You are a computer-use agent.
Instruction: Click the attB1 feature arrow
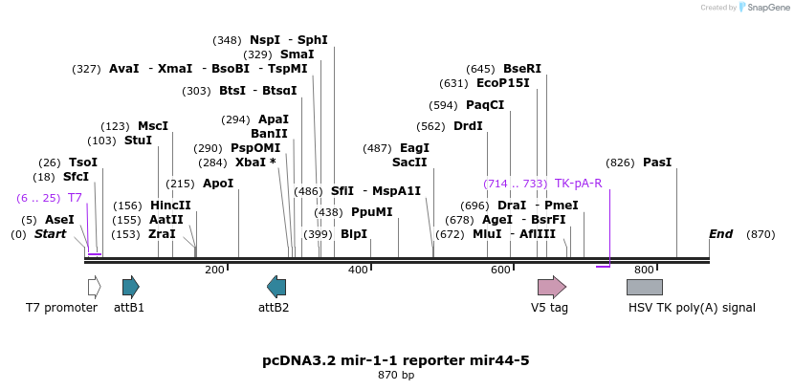point(130,287)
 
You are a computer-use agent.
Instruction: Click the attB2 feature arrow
point(276,287)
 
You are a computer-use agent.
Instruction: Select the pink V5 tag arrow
point(551,287)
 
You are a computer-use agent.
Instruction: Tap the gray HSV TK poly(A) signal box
point(644,287)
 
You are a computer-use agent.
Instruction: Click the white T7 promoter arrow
point(94,287)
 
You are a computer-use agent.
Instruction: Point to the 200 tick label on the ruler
point(214,271)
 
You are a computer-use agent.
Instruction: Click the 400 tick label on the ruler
point(358,271)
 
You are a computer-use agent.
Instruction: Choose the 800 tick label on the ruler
point(644,271)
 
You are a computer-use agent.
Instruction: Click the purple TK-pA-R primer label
point(578,184)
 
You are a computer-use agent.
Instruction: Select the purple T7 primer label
point(75,198)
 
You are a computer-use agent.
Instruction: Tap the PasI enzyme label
point(657,162)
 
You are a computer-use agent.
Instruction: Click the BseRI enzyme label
point(521,69)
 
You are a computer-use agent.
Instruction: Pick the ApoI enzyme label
point(217,184)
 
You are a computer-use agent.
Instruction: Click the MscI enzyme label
point(152,126)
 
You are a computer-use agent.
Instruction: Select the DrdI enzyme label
point(468,126)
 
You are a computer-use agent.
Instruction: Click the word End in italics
point(720,234)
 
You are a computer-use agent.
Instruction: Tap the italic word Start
point(50,234)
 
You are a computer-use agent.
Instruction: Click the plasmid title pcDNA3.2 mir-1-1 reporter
point(396,360)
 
